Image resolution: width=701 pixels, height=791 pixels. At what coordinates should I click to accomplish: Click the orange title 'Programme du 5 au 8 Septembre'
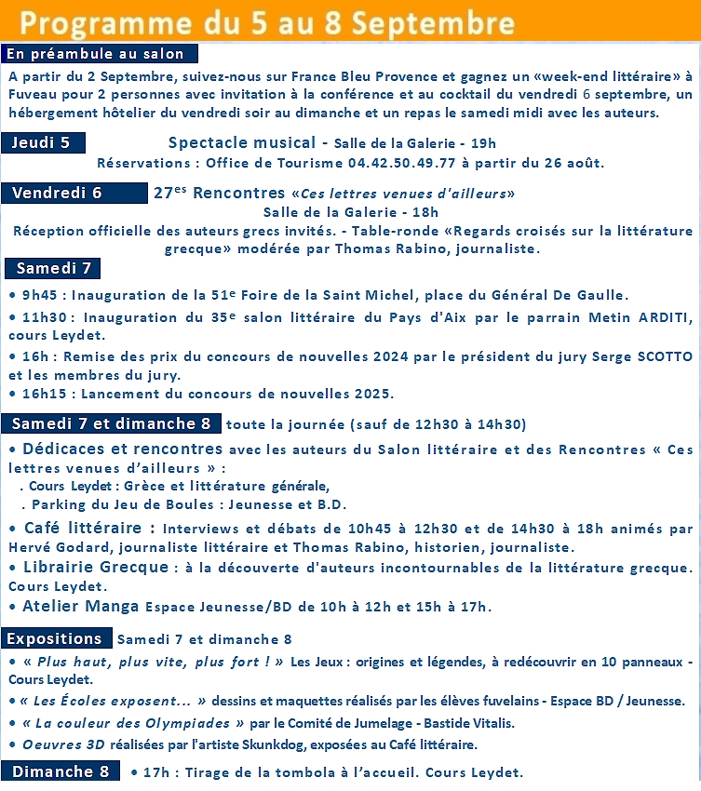[x=268, y=21]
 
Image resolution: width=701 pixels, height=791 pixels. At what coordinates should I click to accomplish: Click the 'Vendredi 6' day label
[x=58, y=193]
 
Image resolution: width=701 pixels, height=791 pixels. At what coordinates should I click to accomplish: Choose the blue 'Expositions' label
[x=54, y=638]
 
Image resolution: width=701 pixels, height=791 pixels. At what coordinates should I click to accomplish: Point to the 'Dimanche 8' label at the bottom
[x=61, y=771]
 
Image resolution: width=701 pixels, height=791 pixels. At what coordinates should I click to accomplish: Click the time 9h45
[x=42, y=295]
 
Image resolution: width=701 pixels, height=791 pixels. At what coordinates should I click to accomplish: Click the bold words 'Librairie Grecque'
[x=94, y=567]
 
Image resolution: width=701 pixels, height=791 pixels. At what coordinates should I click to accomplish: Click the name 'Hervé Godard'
[x=57, y=547]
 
